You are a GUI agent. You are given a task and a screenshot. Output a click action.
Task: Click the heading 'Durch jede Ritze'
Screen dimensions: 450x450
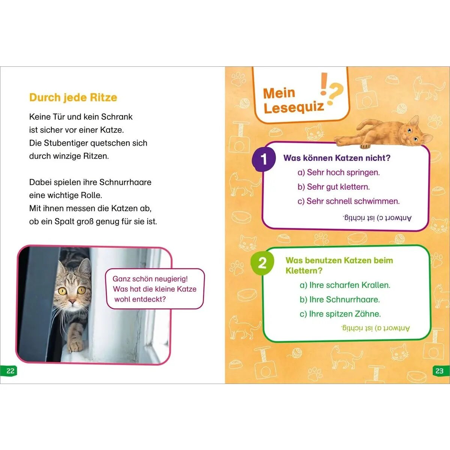pos(73,97)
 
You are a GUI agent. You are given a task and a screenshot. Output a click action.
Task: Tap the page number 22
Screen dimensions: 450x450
pos(10,371)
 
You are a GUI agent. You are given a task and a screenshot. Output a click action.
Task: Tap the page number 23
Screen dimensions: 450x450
pos(439,371)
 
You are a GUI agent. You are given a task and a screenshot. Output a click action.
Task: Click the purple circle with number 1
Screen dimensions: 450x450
pos(264,159)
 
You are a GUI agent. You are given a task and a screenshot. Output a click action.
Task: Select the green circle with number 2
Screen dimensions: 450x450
pos(262,263)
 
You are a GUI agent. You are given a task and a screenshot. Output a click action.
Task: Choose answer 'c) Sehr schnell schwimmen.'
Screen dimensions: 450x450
pos(349,201)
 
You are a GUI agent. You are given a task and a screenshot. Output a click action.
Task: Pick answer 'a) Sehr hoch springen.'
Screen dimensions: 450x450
pos(339,172)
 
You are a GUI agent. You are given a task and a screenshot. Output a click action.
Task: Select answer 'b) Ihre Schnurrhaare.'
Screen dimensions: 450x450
pos(340,300)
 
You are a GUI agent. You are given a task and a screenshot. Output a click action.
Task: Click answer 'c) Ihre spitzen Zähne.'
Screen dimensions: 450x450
pos(340,314)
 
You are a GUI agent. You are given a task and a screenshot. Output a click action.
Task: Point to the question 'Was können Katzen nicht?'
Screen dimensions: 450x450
pos(337,158)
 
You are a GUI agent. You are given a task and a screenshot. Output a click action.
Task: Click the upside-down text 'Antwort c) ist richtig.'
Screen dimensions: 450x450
pos(377,218)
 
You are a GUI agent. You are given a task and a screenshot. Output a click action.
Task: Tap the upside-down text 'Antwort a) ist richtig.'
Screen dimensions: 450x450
pos(375,328)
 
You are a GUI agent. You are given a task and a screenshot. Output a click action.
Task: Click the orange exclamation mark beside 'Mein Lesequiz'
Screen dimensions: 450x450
pos(323,84)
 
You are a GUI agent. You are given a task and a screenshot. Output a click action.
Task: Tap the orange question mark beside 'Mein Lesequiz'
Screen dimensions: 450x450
pos(335,94)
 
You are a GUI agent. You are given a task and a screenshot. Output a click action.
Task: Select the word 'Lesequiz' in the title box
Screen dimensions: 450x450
pos(294,107)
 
